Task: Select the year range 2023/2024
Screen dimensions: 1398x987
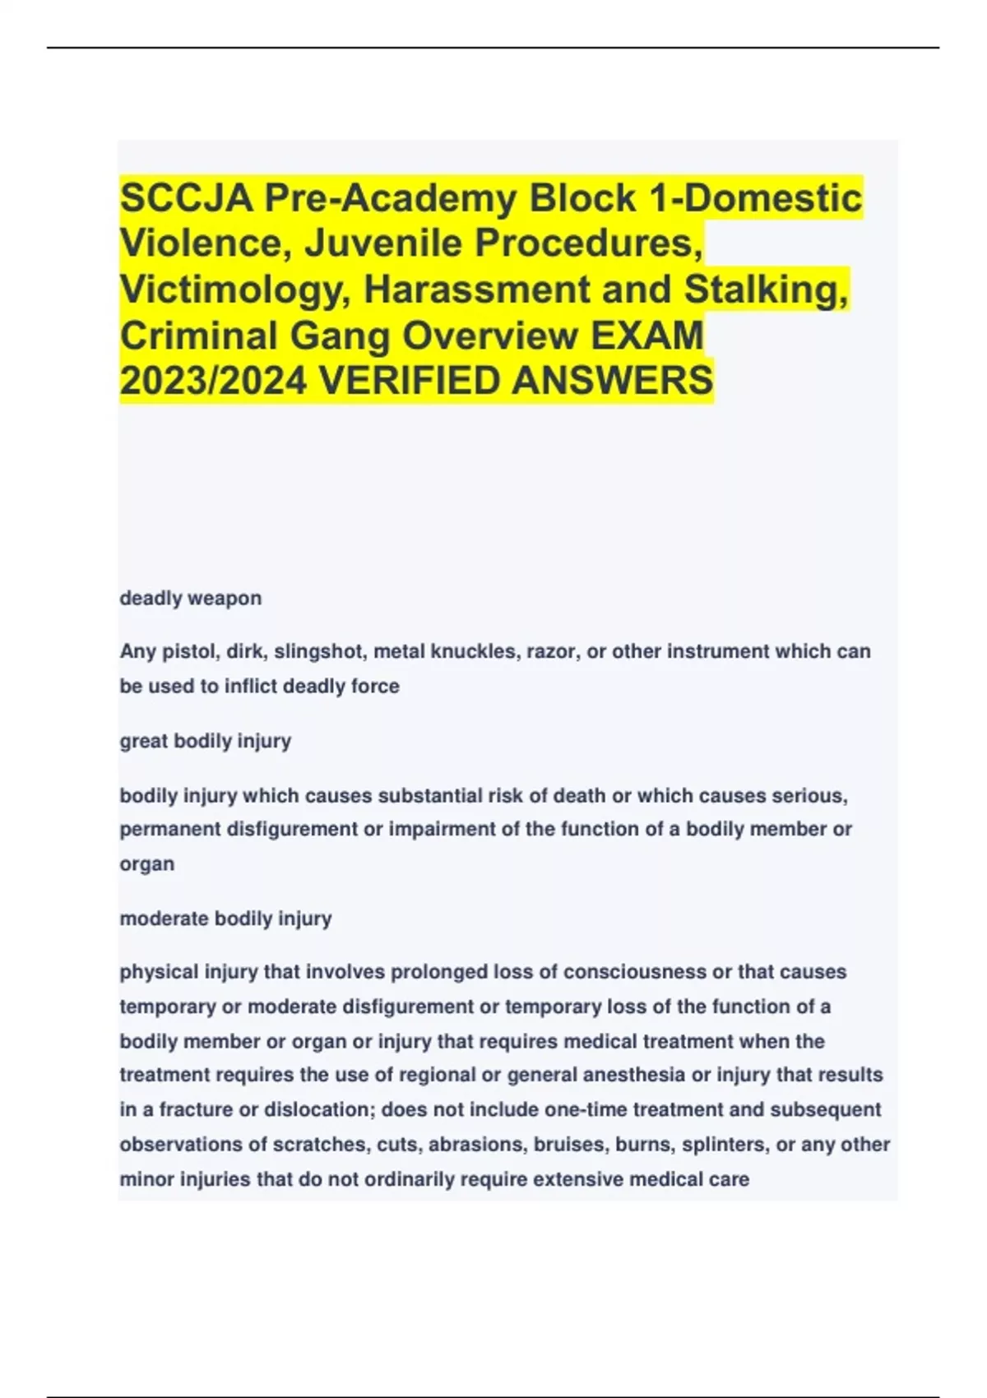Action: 213,381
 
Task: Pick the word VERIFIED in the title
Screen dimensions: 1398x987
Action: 406,381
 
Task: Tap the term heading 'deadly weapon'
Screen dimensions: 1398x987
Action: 191,598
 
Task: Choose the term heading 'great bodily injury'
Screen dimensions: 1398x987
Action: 206,741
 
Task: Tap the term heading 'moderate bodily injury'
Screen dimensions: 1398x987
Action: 226,918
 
